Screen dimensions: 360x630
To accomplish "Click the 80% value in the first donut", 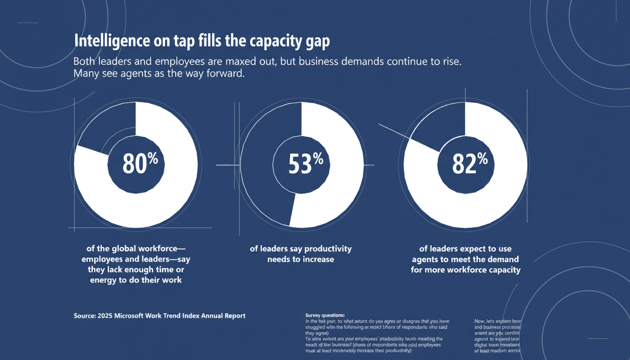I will click(x=140, y=164).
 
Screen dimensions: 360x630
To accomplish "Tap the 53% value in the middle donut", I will click(x=305, y=164).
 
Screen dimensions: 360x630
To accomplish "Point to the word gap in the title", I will click(x=317, y=42).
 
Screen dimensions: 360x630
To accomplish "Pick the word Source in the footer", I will click(x=85, y=316).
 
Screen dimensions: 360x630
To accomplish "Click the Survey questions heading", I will click(x=324, y=315).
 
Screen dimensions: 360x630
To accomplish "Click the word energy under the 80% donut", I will click(x=105, y=280).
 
